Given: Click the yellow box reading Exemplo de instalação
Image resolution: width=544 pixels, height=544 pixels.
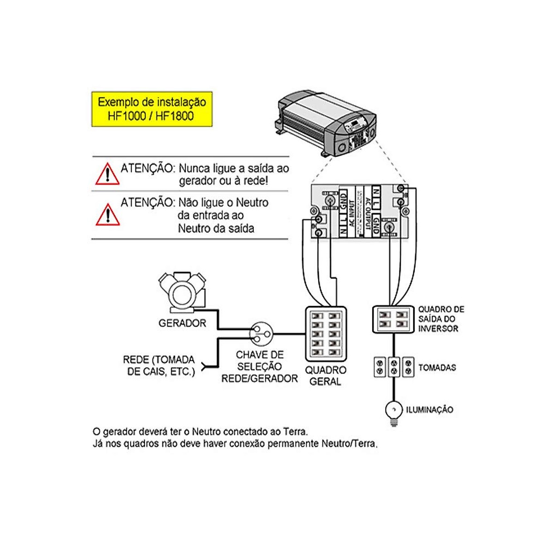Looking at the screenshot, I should (152, 109).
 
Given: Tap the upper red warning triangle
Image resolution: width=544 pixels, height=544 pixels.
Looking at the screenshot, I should (107, 175).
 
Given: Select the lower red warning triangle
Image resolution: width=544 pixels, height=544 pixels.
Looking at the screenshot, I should (107, 215).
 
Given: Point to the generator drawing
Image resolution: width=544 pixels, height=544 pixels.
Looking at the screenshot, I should (182, 292).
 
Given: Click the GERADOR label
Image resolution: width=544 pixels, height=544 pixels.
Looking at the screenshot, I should (182, 323).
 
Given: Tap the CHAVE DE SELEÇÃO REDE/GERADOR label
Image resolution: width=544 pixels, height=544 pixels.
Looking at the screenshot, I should (259, 367).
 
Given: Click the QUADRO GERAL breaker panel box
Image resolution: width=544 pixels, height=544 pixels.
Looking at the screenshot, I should (326, 333).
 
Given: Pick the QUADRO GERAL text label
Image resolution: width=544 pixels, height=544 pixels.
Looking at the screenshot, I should (325, 376).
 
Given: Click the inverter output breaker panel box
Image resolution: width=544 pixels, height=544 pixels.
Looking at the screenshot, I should (393, 320).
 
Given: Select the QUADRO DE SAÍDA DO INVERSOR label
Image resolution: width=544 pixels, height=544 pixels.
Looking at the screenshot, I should (441, 319).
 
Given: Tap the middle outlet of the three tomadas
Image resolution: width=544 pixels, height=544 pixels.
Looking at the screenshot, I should (394, 367).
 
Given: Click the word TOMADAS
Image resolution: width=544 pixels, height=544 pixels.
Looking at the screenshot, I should (437, 368).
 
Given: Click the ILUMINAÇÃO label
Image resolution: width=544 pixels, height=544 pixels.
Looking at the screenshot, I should (429, 410).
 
